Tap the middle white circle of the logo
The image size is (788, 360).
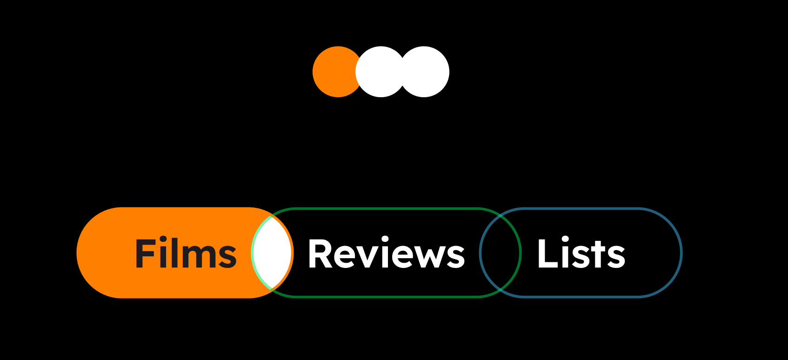point(381,72)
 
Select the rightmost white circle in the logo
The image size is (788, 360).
point(425,72)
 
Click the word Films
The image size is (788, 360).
point(186,253)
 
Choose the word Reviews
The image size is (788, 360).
point(386,253)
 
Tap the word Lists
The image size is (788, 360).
point(581,253)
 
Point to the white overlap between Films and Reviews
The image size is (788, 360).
point(272,253)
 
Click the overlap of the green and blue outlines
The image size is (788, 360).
point(500,253)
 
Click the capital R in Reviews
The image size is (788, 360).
point(320,253)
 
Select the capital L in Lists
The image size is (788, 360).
point(547,253)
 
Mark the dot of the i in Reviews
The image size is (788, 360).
point(385,240)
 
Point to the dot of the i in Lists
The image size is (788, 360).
point(565,240)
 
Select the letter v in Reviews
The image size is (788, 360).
point(367,257)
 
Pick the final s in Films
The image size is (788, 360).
point(227,257)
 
